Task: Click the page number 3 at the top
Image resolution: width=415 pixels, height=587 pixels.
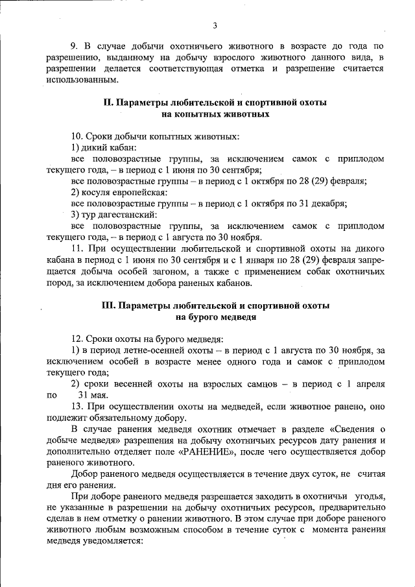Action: click(x=214, y=26)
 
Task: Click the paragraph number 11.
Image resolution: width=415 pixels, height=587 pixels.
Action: click(x=77, y=248)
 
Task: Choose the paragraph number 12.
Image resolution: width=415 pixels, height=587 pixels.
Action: click(x=77, y=339)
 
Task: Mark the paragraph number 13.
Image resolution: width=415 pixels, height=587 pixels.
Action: click(x=77, y=407)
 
